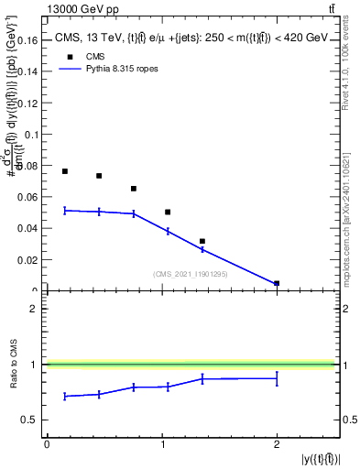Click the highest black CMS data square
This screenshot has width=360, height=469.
pos(65,171)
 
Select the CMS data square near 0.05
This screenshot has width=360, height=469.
pos(168,212)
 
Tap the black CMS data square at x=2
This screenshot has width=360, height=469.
pos(277,283)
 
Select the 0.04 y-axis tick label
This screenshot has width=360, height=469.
pos(29,229)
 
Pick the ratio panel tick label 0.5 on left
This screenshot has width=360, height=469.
pos(30,420)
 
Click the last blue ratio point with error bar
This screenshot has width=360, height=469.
pos(277,378)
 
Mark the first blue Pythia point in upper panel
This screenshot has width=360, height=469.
pos(65,210)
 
